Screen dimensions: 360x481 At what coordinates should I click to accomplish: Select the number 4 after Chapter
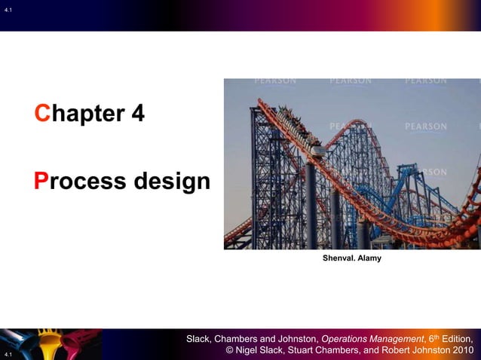tap(136, 114)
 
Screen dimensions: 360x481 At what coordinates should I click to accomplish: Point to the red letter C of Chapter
tap(41, 114)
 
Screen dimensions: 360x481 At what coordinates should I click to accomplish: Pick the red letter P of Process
tap(41, 182)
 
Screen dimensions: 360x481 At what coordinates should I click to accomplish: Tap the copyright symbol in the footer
tap(231, 351)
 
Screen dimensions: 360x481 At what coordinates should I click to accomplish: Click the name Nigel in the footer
tap(253, 351)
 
